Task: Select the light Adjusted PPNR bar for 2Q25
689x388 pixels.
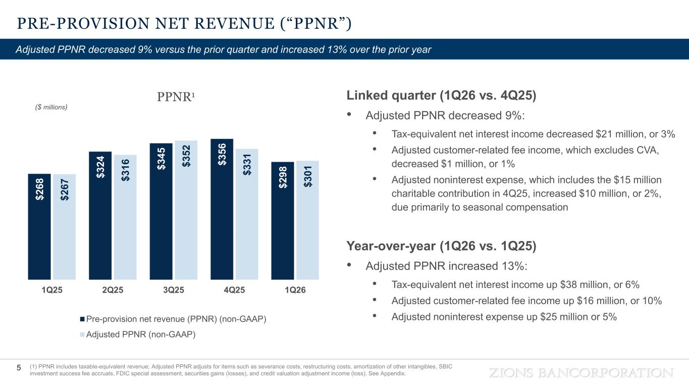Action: coord(125,217)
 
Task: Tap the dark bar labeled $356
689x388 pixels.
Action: coord(222,209)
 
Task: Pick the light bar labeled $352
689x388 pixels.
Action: coord(186,210)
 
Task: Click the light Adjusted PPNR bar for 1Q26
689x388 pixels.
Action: coord(307,220)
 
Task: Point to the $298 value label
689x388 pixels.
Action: coord(283,177)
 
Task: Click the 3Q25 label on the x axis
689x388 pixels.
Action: coord(174,290)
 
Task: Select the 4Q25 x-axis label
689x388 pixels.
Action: coord(234,290)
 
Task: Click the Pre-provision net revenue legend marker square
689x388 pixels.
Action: coord(82,319)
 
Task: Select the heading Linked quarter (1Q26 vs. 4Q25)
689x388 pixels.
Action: coord(441,95)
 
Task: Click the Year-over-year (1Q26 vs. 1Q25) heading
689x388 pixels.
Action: coord(441,246)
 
